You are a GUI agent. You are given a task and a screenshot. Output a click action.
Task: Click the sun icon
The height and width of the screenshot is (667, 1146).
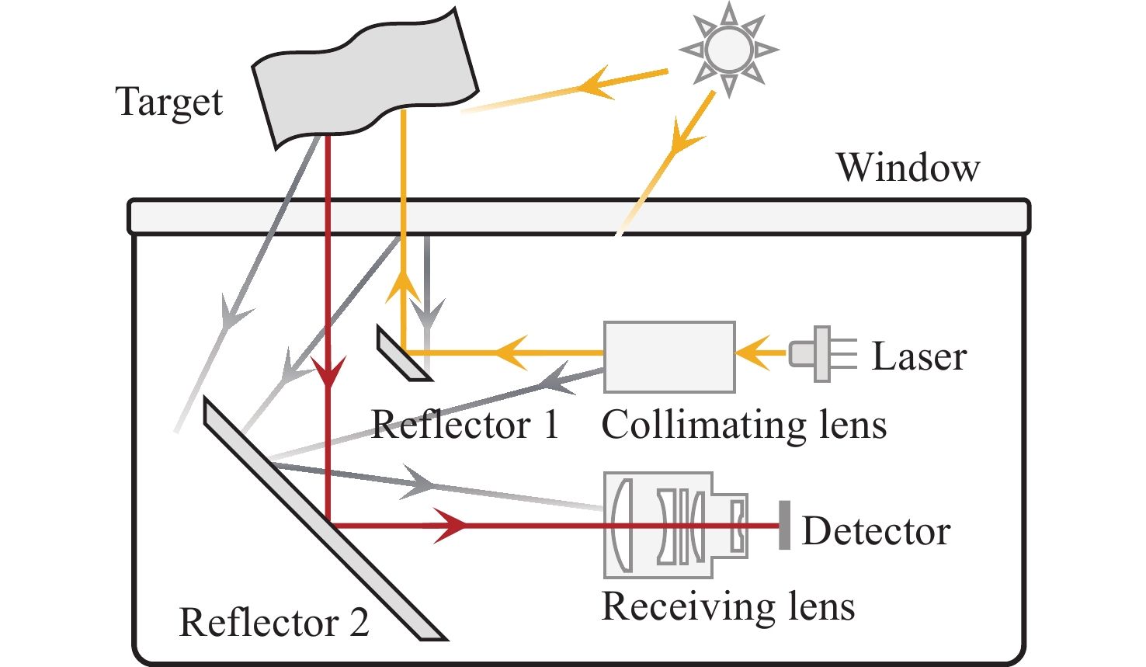[x=728, y=50]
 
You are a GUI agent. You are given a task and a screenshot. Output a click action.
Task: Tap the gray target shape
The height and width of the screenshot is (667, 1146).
[x=364, y=78]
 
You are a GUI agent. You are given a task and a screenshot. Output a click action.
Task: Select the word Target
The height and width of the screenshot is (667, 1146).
[x=169, y=102]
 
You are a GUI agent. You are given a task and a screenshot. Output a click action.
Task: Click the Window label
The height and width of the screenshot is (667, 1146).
[x=908, y=168]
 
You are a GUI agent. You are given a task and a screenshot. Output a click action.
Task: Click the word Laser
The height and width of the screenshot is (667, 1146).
[x=919, y=356]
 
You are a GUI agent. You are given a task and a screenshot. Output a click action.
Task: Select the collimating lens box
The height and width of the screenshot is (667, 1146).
[x=669, y=356]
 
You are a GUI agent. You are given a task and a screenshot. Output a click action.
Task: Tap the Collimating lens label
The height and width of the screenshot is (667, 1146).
[x=744, y=426]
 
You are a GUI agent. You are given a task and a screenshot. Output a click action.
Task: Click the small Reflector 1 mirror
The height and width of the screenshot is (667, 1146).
[x=403, y=354]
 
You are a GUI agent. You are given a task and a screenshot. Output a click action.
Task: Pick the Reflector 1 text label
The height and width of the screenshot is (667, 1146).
[x=464, y=425]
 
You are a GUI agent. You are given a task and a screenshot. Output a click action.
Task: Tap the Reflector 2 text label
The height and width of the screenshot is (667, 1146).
[x=273, y=623]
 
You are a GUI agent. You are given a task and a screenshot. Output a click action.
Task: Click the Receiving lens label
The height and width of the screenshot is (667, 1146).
[x=728, y=606]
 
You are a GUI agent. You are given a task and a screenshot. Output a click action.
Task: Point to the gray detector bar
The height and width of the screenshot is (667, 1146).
[x=784, y=526]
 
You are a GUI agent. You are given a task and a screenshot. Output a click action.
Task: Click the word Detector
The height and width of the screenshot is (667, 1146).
[x=876, y=532]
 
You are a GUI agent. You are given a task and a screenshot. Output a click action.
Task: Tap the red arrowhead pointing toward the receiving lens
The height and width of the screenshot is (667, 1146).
[x=450, y=526]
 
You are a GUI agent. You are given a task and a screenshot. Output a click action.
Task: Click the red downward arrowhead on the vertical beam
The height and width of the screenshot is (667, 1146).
[x=328, y=373]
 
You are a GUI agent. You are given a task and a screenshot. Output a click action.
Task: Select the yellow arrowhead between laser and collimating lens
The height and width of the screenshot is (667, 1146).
[x=752, y=355]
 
